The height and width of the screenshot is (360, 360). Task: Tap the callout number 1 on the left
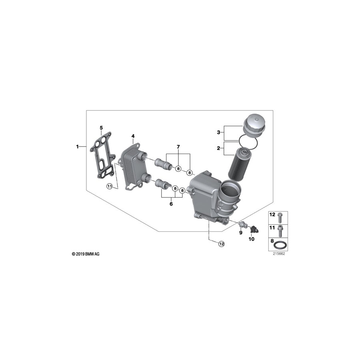pos(78,147)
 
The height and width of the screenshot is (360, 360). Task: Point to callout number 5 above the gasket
pos(101,128)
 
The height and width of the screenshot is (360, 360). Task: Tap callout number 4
pos(133,137)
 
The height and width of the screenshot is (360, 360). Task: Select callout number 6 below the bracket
pos(171,204)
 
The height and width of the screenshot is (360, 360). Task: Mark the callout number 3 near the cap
pos(219,132)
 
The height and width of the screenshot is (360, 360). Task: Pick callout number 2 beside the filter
pos(219,148)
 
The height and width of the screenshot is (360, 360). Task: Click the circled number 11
pos(109,186)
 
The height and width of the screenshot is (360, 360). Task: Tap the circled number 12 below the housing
pos(221,244)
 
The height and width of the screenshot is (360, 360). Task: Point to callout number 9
pos(241,232)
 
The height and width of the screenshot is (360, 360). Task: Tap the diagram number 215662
pos(278,253)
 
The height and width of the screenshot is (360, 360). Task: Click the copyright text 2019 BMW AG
pos(86,254)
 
